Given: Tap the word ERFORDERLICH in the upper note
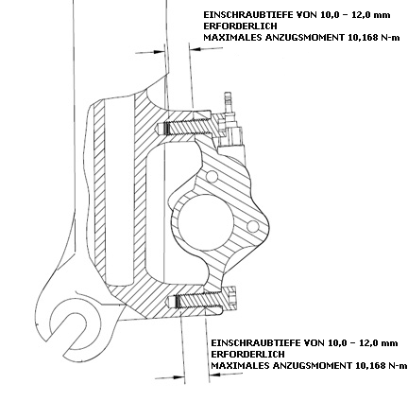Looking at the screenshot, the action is pyautogui.click(x=240, y=26).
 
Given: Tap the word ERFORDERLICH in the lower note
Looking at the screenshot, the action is pyautogui.click(x=247, y=354).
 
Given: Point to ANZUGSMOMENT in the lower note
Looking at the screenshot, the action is pyautogui.click(x=312, y=365).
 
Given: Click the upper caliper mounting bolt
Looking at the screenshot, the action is pyautogui.click(x=187, y=128).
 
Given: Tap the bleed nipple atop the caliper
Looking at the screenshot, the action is pyautogui.click(x=228, y=103).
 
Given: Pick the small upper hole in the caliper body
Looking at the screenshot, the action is pyautogui.click(x=212, y=176).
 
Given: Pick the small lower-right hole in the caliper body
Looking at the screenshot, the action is pyautogui.click(x=253, y=226).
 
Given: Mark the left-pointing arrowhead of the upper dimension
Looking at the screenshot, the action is pyautogui.click(x=197, y=49).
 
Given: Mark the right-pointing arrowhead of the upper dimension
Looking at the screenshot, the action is pyautogui.click(x=158, y=52).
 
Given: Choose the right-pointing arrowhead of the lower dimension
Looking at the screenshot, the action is pyautogui.click(x=178, y=376).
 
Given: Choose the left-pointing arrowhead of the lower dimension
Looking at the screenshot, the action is pyautogui.click(x=214, y=375).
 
